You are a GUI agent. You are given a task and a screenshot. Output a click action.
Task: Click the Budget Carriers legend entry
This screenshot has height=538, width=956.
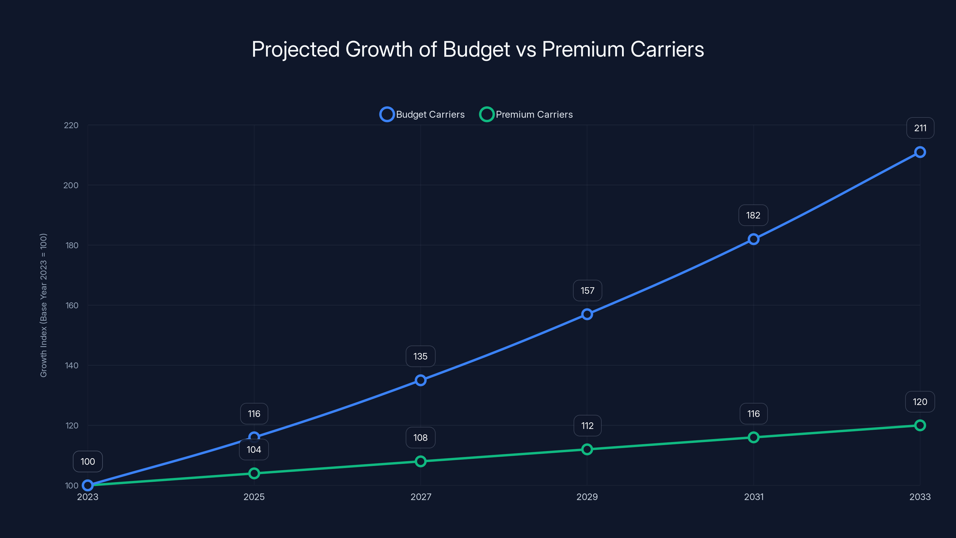pos(422,114)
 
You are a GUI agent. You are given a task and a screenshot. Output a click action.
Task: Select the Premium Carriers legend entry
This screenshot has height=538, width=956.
pos(526,114)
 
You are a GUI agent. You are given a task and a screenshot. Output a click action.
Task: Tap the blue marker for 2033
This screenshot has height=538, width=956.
pos(920,152)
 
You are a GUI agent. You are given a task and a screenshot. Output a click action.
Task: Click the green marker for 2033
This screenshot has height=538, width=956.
pos(920,425)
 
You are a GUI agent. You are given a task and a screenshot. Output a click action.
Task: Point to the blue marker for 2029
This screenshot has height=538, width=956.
pos(587,314)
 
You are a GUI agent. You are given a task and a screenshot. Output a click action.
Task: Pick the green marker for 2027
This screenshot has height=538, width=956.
pos(420,461)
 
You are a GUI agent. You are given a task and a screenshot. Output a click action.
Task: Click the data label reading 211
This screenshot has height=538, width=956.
pos(920,128)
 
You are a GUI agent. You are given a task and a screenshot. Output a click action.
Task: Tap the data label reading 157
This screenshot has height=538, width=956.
pos(587,291)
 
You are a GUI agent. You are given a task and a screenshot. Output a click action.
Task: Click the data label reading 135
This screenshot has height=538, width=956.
pos(420,357)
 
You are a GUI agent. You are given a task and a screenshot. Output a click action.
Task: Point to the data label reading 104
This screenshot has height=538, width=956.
pos(254,450)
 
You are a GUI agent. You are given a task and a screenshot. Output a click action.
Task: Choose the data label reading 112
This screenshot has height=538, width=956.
pos(587,426)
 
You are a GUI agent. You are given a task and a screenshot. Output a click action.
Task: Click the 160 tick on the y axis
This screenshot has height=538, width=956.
pos(72,305)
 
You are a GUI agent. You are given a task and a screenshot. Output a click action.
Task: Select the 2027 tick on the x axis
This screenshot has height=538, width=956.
pos(420,497)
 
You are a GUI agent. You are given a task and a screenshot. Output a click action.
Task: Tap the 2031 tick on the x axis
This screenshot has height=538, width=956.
pos(753,497)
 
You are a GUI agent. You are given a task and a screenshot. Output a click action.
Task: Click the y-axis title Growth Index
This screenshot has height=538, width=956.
pos(43,305)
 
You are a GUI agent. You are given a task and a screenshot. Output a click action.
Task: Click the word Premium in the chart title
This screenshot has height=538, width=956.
pos(583,49)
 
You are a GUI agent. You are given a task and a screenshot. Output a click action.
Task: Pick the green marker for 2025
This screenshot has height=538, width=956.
pos(254,473)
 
